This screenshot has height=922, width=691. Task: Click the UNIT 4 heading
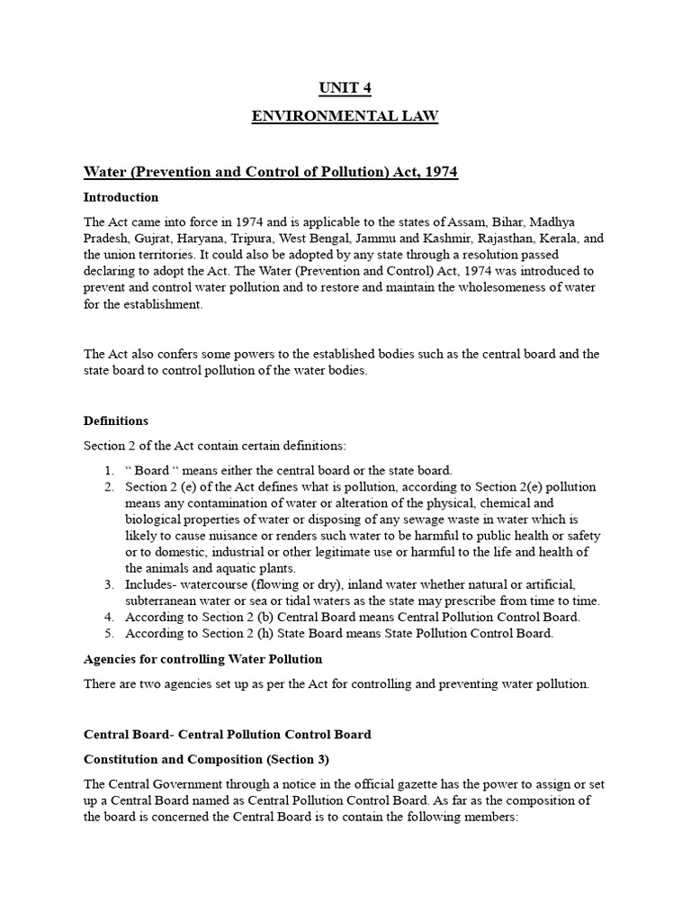(345, 87)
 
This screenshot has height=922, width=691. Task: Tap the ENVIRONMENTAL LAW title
(345, 117)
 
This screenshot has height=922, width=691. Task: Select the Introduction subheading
(121, 197)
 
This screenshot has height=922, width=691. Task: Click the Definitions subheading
(116, 420)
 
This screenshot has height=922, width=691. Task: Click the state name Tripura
(276, 238)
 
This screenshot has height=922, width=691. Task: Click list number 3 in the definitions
(108, 584)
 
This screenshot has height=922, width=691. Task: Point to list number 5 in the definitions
(108, 633)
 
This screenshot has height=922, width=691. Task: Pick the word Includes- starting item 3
(155, 584)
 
